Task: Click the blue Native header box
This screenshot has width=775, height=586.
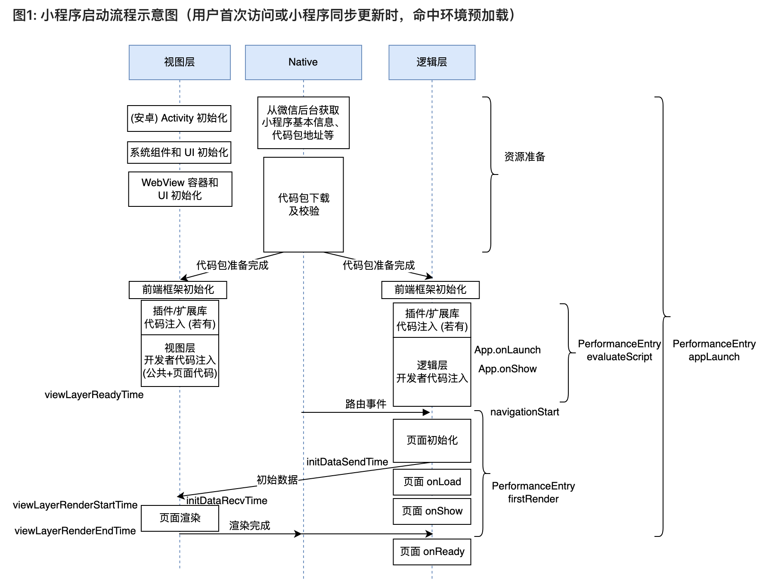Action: click(303, 62)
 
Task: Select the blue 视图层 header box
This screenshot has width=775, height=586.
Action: click(180, 62)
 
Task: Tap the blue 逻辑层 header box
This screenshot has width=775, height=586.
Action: click(432, 62)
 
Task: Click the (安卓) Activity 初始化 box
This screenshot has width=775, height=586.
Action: click(179, 118)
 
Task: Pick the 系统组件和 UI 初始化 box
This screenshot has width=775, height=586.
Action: click(179, 153)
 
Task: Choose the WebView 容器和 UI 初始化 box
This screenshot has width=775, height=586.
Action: click(180, 189)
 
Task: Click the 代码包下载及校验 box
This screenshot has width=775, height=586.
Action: click(304, 205)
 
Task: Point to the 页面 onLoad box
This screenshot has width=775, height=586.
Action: click(432, 482)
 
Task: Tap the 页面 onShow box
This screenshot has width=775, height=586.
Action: click(432, 511)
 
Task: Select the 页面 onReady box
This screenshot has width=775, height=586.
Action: click(432, 552)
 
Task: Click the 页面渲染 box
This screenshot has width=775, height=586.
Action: click(180, 518)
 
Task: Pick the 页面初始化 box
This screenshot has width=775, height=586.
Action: click(432, 440)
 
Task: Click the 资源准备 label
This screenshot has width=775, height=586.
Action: click(524, 157)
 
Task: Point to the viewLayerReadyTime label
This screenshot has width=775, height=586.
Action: click(94, 395)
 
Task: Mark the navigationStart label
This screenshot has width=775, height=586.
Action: click(524, 412)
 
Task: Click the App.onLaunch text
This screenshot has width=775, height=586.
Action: click(507, 350)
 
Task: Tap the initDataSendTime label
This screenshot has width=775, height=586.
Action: click(347, 462)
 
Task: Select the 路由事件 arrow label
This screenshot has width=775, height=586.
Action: click(366, 404)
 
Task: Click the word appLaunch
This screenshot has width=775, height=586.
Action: click(714, 357)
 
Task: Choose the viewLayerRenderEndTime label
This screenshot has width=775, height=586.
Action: click(75, 531)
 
